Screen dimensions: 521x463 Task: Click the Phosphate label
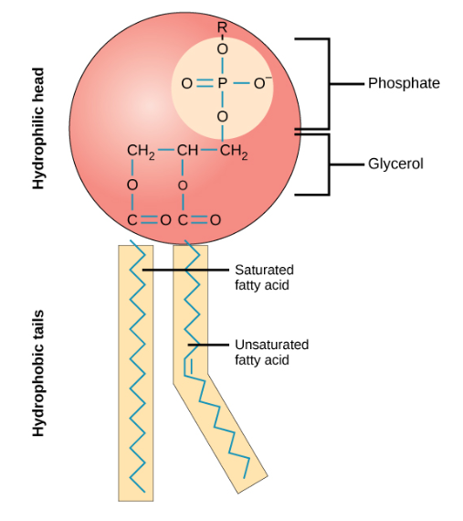pos(404,83)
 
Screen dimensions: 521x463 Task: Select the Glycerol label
pos(395,165)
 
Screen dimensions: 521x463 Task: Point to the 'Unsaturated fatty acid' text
pos(271,353)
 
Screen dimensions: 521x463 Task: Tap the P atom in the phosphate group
pos(221,84)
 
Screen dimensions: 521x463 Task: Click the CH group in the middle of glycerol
pos(184,151)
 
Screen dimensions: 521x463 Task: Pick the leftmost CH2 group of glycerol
pos(138,151)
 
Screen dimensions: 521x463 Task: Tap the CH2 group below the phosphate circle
pos(233,151)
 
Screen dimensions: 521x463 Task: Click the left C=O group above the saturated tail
pos(147,219)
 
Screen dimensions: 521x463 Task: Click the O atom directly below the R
pos(221,48)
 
